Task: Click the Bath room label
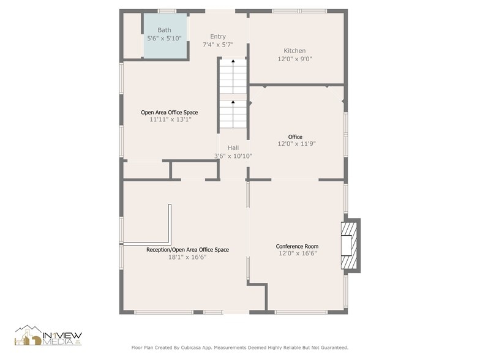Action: click(164, 30)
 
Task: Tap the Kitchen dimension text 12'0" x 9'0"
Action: click(294, 59)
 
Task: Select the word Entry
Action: click(218, 37)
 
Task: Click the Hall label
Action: click(233, 148)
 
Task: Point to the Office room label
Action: click(295, 137)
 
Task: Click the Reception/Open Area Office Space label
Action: click(187, 250)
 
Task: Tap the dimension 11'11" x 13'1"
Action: click(170, 119)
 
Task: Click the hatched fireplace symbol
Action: click(348, 245)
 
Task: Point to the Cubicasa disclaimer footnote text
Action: click(239, 347)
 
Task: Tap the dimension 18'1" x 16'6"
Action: click(187, 257)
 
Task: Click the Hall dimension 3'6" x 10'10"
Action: click(233, 156)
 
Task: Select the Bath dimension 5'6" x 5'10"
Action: click(164, 38)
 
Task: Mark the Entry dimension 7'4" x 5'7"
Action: click(218, 45)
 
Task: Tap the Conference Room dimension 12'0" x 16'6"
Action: click(298, 253)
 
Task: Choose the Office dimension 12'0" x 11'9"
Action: click(296, 144)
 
